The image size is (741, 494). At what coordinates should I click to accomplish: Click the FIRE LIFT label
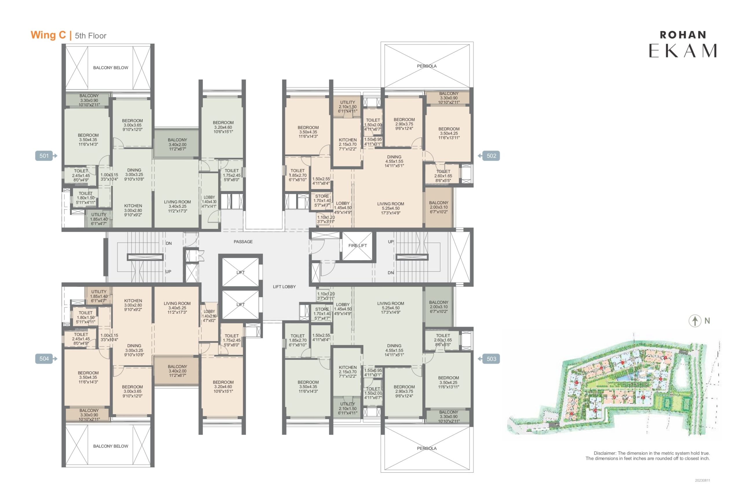357,245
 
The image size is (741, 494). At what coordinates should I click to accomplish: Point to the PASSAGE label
243,242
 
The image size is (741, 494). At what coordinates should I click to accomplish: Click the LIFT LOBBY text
284,287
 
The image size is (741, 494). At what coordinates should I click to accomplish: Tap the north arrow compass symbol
695,321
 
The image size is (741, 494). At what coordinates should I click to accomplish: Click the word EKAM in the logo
683,50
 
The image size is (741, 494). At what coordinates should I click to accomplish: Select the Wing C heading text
48,35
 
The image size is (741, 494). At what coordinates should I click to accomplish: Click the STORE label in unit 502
322,196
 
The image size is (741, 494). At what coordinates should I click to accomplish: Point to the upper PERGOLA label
427,66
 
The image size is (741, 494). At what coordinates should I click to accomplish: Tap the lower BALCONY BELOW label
111,446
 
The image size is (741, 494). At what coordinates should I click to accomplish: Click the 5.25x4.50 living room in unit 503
391,308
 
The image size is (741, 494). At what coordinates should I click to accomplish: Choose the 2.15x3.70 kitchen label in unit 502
348,144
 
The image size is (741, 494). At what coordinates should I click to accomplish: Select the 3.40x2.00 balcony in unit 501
177,144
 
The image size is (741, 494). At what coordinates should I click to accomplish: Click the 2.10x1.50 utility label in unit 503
348,408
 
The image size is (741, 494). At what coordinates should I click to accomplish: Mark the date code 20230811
703,480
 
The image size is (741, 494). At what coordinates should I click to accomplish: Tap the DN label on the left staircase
169,243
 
